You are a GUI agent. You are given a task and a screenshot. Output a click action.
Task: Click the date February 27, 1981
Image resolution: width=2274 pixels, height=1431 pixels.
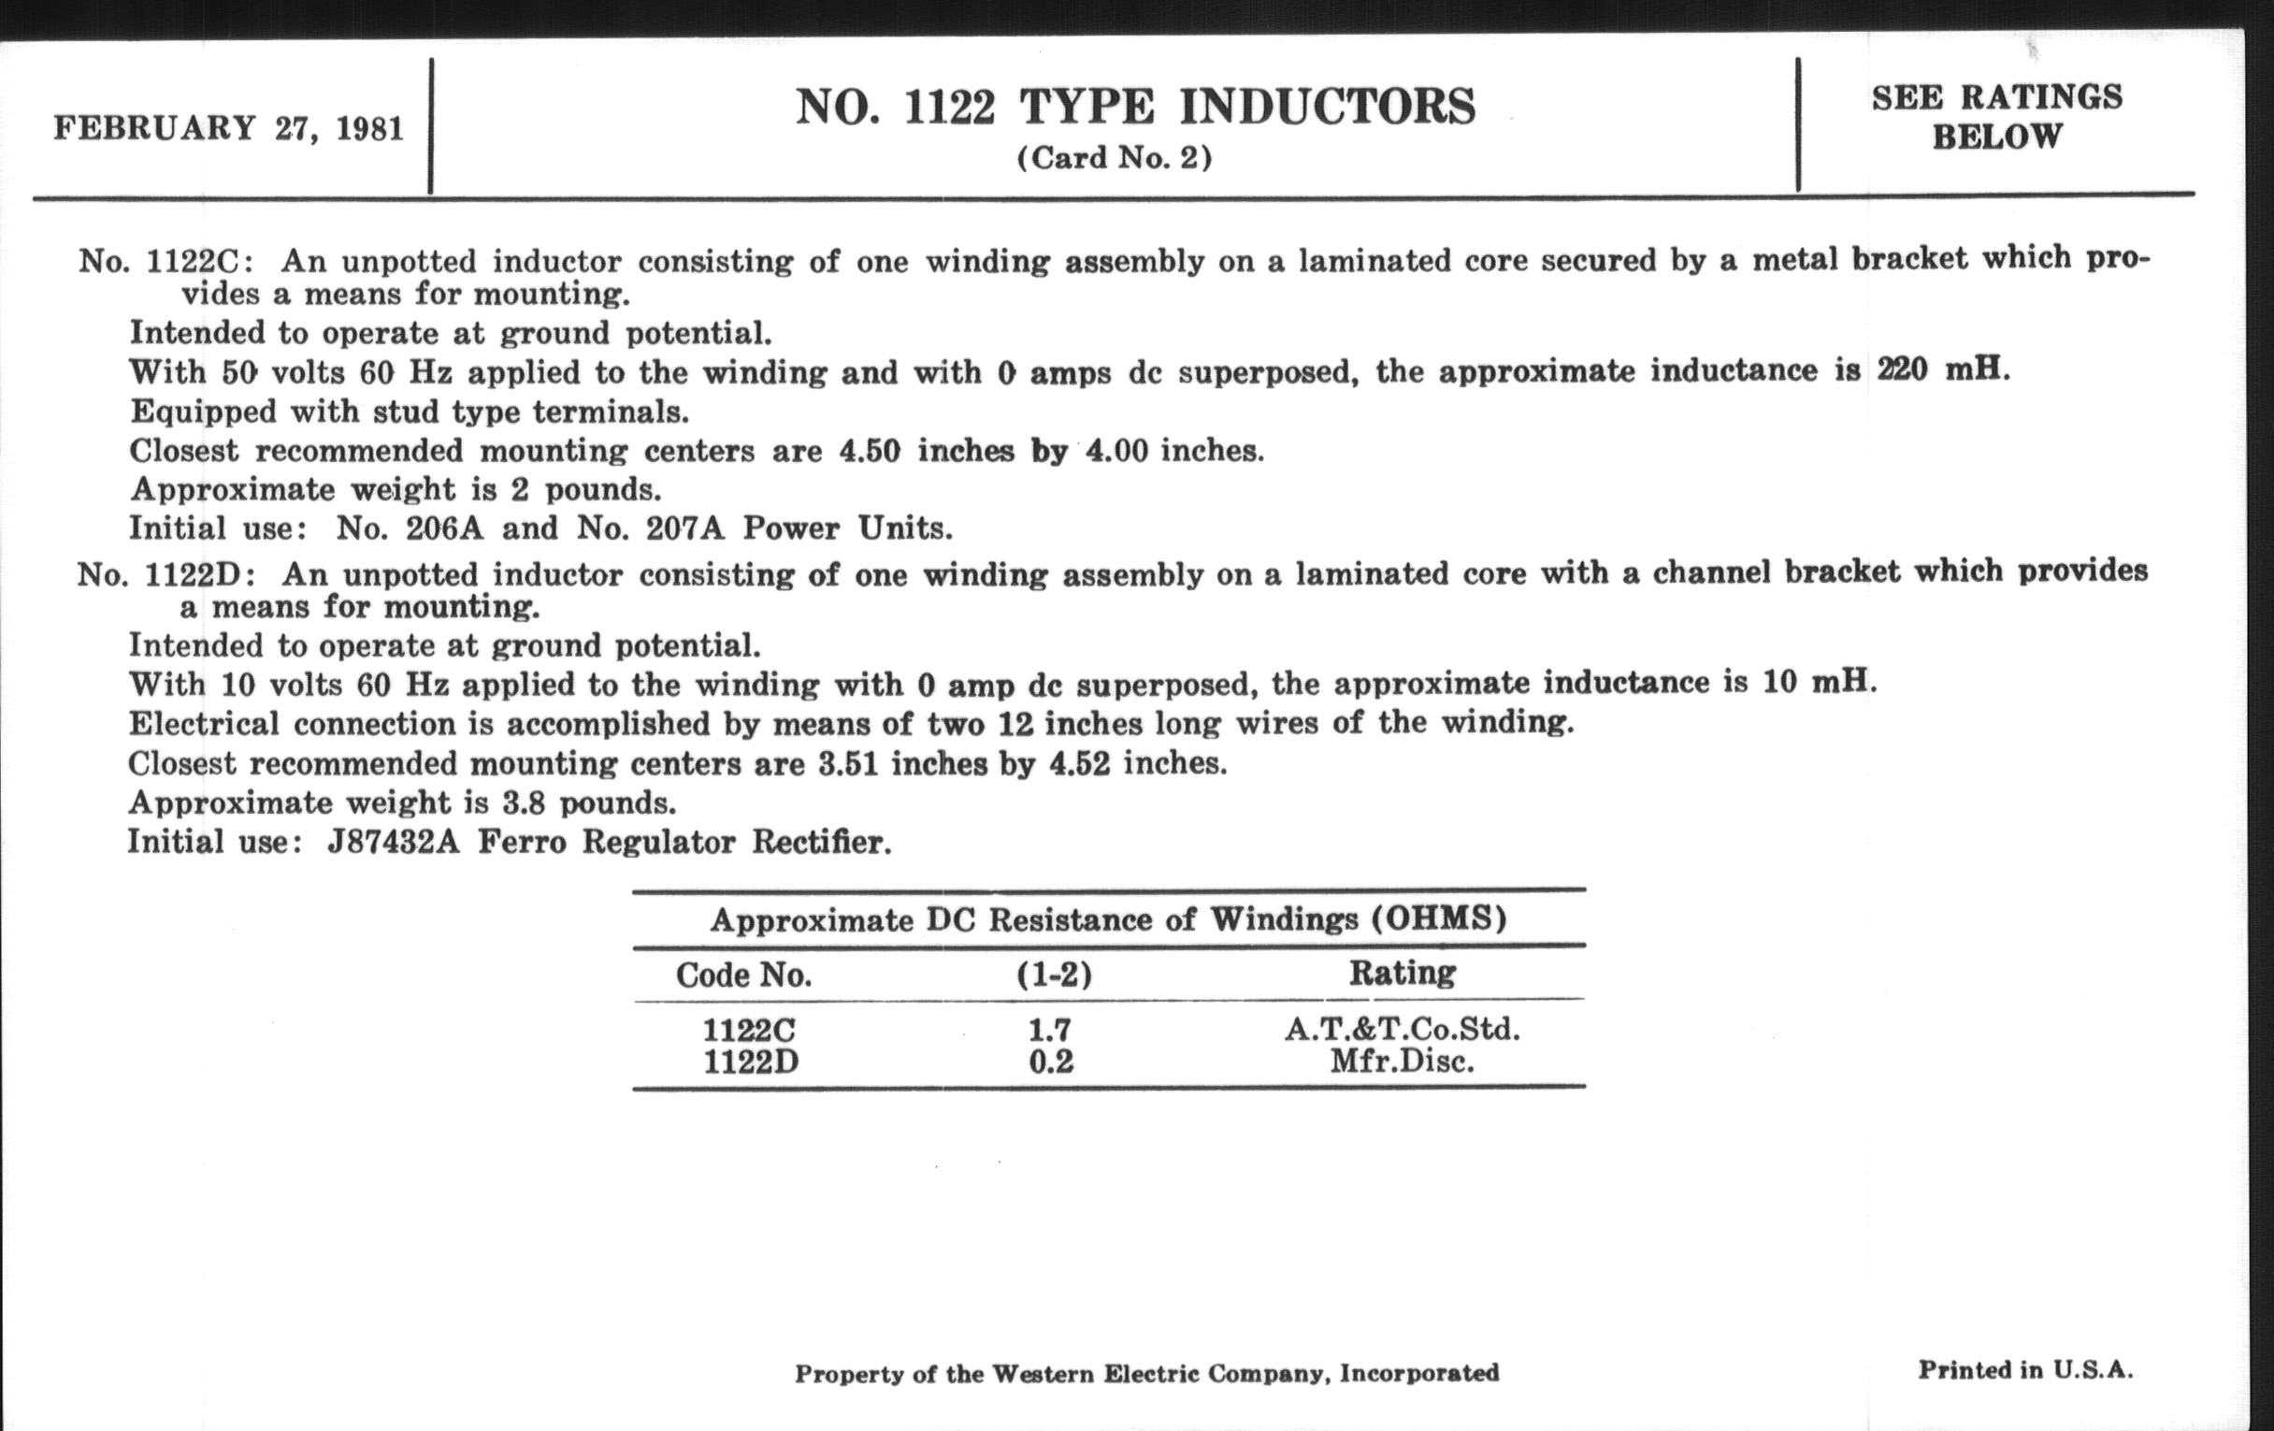pos(228,127)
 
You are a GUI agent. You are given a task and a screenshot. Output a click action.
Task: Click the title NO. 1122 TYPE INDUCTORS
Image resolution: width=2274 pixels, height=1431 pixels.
pos(1135,106)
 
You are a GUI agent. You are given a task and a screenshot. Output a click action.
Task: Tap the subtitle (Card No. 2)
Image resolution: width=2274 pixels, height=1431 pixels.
pos(1115,158)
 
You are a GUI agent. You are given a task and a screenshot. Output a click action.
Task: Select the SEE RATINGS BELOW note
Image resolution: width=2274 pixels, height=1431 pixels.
pos(1996,116)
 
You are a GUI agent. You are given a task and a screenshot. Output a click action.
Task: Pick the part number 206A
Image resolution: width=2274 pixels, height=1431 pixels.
pos(445,528)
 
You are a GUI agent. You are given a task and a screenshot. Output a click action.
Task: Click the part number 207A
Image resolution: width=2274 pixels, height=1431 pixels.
pos(684,528)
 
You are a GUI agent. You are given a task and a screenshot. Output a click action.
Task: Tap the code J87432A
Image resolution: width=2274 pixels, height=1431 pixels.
pos(393,841)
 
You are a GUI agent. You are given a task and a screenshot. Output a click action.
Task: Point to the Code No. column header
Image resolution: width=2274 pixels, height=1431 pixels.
pos(743,975)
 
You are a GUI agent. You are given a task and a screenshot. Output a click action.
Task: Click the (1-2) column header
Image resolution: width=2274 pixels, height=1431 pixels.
pos(1054,975)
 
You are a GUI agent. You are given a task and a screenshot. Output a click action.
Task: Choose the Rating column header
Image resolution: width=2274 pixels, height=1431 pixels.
pos(1402,973)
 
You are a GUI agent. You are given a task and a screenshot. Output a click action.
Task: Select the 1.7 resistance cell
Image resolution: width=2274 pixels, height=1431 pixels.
pos(1050,1029)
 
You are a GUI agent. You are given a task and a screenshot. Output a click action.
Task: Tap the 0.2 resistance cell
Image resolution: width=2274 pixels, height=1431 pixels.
pos(1051,1062)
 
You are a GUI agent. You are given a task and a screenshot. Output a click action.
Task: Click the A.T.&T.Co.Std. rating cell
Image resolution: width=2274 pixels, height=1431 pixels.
pos(1402,1029)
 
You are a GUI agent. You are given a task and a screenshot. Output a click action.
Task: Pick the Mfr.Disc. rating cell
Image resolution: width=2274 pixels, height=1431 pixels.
pos(1402,1062)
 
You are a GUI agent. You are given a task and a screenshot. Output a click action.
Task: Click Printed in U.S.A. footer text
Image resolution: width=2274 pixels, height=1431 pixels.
pos(2024,1369)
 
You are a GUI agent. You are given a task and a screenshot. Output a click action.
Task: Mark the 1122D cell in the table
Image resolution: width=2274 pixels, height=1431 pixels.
pos(751,1062)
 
